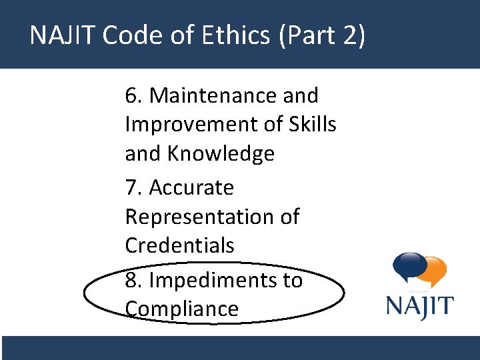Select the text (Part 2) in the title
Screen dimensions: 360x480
323,35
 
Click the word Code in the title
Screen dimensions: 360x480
130,35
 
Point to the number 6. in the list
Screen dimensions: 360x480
134,96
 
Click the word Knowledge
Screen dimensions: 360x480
220,154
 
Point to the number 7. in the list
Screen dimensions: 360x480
134,188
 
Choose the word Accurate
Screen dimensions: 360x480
191,188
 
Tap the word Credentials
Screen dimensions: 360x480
179,245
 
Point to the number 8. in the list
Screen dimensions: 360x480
134,280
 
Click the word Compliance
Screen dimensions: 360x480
181,309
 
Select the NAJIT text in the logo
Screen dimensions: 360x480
420,307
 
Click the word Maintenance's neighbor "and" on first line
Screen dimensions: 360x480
301,96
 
